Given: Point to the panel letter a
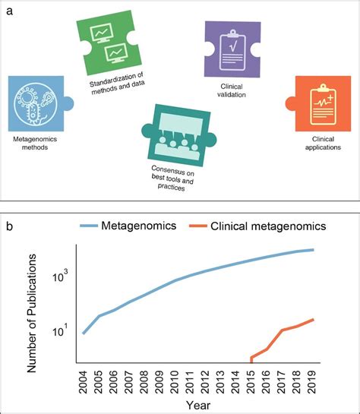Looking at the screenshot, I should click(9, 11).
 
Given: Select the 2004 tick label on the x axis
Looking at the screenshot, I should click(83, 378).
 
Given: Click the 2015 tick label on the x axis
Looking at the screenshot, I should click(251, 378).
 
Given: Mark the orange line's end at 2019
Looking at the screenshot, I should click(313, 320).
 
